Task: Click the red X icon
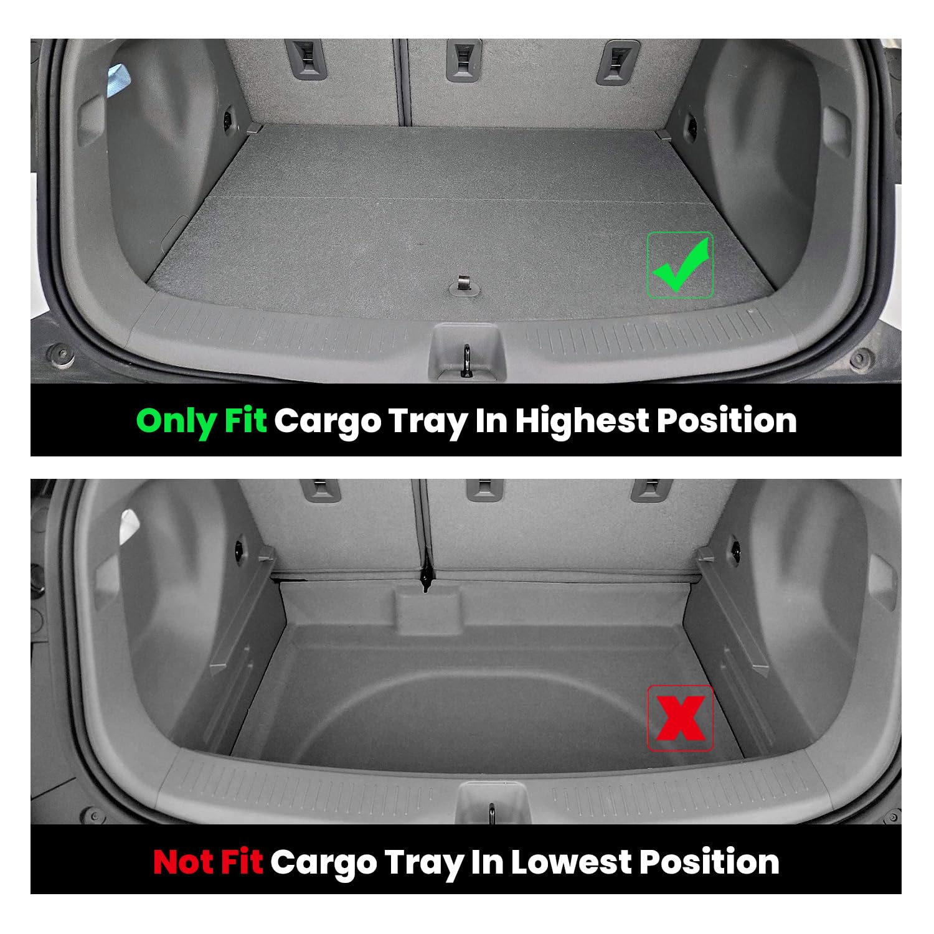coord(681,718)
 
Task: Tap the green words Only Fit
coord(201,421)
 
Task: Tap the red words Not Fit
coord(208,862)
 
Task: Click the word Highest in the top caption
coord(582,421)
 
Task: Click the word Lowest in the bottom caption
coord(571,862)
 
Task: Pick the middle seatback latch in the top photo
coord(463,61)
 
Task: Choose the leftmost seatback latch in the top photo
coord(306,60)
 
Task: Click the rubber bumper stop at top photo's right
coord(861,359)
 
